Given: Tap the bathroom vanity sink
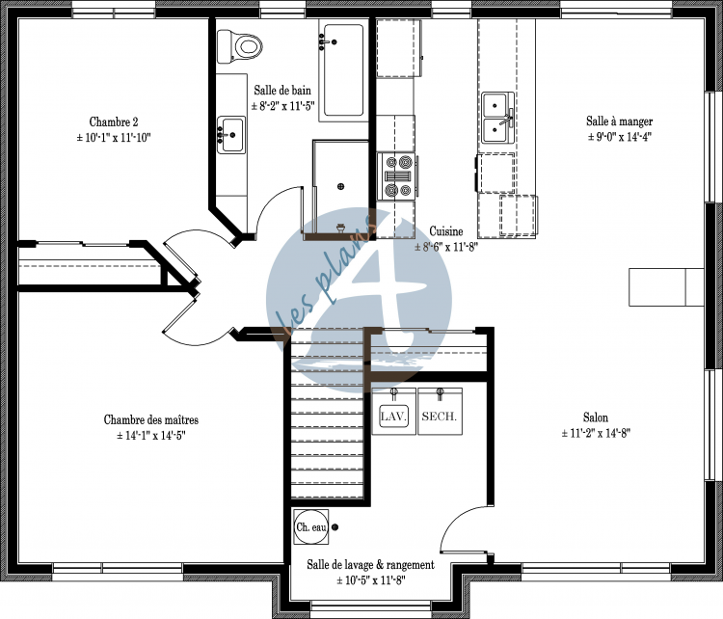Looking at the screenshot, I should [x=231, y=135].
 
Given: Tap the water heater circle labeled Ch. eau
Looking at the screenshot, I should [x=310, y=526].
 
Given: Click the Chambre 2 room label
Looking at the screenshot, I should [x=114, y=122].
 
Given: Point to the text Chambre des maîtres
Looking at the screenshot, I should [x=151, y=420].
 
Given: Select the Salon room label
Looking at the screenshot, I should [x=595, y=417].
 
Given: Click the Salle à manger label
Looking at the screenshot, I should [x=619, y=121].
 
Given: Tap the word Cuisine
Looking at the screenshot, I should [x=446, y=231].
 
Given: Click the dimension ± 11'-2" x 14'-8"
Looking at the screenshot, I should [x=595, y=434].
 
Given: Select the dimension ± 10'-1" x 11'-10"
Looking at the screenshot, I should [x=114, y=138].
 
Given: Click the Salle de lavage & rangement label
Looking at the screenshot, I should [x=370, y=565].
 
